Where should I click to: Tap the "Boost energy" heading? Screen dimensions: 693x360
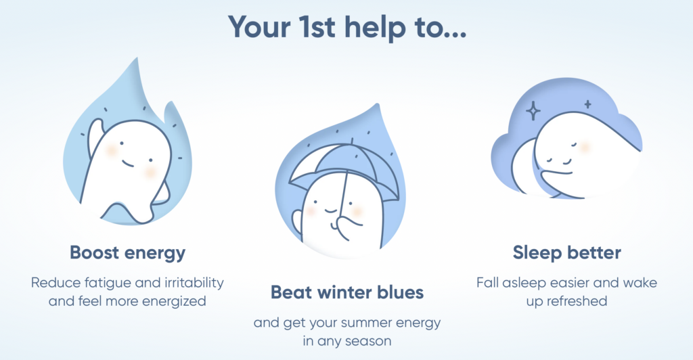tap(128, 253)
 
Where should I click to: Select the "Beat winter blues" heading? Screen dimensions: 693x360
tap(347, 292)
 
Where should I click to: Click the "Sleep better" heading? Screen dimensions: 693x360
tap(566, 252)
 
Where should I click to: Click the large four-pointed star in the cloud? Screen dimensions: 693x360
tap(533, 110)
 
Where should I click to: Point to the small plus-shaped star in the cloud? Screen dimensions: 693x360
tap(587, 104)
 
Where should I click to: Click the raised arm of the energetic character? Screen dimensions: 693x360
tap(95, 137)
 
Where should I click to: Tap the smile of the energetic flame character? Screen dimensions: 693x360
tap(127, 164)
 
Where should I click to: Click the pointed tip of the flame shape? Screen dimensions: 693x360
tap(137, 59)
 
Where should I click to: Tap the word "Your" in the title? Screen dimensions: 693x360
tap(259, 26)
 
